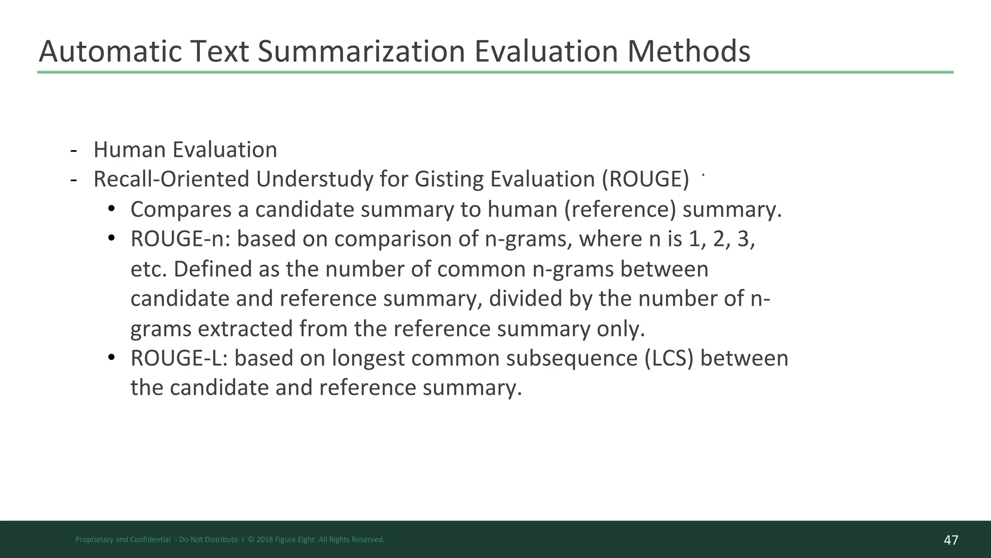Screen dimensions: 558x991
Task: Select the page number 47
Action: coord(951,540)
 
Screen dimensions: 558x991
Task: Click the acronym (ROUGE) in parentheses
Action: coord(646,179)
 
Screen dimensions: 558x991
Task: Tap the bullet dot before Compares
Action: coord(111,209)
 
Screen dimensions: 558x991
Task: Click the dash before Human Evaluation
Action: coord(74,150)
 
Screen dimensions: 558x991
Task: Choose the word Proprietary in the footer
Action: coord(94,540)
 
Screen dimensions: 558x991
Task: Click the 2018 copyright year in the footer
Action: coord(264,540)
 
